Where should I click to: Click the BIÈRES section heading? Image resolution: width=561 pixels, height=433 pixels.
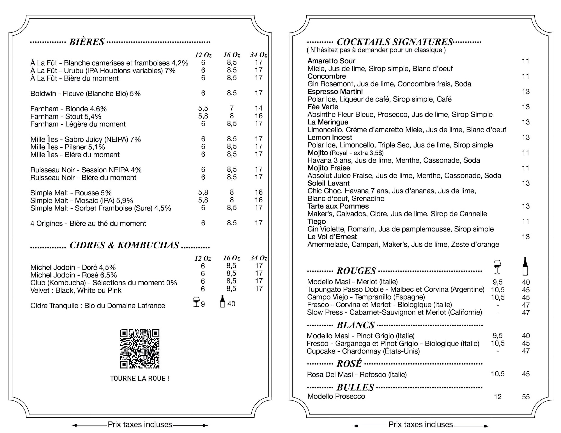tap(87, 42)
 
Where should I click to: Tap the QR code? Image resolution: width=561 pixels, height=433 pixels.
tap(140, 349)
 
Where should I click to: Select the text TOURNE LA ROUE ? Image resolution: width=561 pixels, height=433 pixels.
tap(139, 378)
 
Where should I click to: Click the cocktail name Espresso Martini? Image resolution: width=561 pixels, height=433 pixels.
tap(335, 92)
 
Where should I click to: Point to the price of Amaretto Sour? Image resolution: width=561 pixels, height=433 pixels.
tap(525, 61)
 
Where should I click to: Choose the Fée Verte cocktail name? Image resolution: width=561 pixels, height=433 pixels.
tap(323, 107)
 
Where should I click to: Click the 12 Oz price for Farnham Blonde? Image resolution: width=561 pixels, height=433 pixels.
tap(203, 108)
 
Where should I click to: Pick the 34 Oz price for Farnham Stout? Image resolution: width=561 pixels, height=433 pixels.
tap(258, 116)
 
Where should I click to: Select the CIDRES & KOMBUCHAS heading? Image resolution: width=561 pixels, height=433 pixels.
tap(124, 246)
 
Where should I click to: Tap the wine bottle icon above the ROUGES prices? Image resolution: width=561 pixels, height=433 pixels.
tap(525, 266)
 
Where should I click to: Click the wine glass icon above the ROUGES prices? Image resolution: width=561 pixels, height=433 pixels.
tap(497, 267)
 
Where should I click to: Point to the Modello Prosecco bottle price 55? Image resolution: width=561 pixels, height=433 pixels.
tap(526, 397)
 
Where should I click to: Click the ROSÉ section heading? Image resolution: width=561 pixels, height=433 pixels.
tap(349, 364)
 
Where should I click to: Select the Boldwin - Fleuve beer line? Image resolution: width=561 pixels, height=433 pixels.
tap(85, 94)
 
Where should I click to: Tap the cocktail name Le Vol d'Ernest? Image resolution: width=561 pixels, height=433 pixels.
tap(332, 237)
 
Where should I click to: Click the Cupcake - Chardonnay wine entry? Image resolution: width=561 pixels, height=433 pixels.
tap(363, 351)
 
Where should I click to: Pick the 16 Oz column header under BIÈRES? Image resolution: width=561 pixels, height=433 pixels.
tap(232, 55)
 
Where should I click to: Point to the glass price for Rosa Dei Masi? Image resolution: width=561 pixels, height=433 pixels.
tap(498, 374)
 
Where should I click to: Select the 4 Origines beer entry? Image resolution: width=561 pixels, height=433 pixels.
tap(88, 224)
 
